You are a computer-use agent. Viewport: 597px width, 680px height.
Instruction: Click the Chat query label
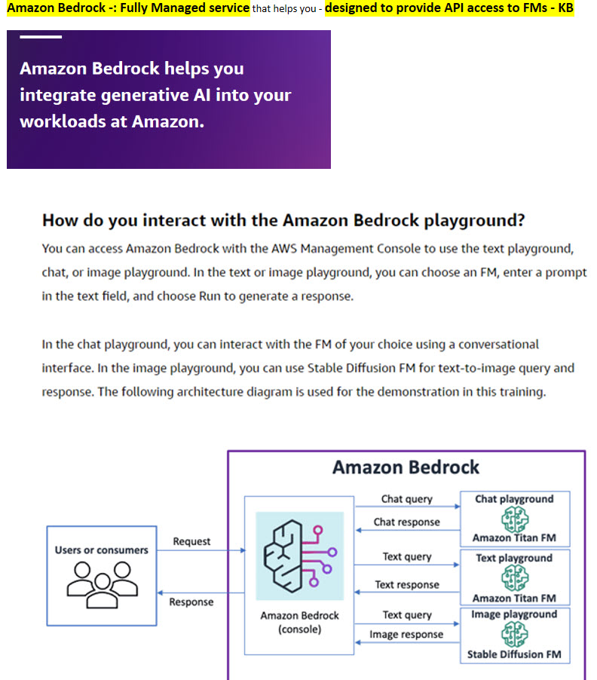[x=406, y=499]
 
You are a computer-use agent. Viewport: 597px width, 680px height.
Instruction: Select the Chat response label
[x=406, y=522]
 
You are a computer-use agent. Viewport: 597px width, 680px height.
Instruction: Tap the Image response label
[x=406, y=635]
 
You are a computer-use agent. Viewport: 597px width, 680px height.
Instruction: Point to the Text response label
[x=407, y=584]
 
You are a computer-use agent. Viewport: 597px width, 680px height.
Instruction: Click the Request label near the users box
[x=191, y=541]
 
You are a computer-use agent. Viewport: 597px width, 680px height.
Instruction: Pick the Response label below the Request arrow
[x=191, y=602]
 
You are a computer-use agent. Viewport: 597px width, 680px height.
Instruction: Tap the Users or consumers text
[x=101, y=550]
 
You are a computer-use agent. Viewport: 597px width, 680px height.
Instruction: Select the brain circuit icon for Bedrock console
[x=299, y=556]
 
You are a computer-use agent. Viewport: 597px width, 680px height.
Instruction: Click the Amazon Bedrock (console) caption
[x=299, y=622]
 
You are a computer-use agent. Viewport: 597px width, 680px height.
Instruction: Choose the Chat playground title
[x=514, y=499]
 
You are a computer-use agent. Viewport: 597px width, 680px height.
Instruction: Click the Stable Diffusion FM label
[x=514, y=654]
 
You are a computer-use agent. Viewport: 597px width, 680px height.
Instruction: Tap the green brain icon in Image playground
[x=514, y=634]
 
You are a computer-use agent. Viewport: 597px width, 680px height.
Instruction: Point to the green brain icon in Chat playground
[x=514, y=518]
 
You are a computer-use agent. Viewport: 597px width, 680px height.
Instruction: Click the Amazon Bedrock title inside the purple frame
[x=406, y=467]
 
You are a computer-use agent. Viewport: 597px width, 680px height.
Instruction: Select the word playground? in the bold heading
[x=474, y=221]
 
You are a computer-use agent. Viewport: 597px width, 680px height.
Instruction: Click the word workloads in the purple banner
[x=63, y=121]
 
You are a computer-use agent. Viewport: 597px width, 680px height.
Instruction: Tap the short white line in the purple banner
[x=41, y=37]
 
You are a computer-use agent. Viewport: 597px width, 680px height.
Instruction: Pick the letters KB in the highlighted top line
[x=565, y=8]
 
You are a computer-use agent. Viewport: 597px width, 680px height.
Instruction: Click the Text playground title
[x=514, y=559]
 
